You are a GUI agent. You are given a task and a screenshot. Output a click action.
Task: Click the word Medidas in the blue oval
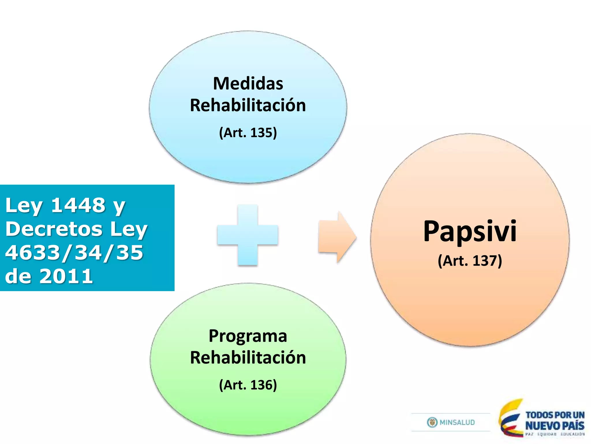point(248,84)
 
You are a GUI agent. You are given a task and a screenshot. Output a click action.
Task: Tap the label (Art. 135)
point(248,133)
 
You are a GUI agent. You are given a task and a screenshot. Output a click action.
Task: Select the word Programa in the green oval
point(248,336)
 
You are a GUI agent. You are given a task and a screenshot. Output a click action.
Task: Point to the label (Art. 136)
point(248,385)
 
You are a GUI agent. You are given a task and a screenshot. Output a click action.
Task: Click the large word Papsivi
point(470,231)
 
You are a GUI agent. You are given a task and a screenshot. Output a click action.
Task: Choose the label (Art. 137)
point(470,261)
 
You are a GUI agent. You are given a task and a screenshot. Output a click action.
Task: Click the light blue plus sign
point(248,235)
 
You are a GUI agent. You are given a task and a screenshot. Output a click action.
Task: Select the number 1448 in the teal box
point(78,205)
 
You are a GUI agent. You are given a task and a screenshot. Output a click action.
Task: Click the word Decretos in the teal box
point(54,229)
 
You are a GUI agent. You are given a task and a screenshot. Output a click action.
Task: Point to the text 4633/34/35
point(74,252)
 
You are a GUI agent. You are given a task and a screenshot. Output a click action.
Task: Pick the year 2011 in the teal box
point(66,276)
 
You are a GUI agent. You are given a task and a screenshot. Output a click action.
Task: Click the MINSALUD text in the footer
point(457,423)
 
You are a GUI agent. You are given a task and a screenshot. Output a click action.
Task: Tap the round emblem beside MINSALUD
point(432,423)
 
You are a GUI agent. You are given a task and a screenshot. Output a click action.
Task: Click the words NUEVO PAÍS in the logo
point(555,426)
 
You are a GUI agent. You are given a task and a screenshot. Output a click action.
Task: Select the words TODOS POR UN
point(555,415)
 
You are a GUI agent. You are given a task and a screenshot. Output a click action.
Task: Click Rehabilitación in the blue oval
point(248,105)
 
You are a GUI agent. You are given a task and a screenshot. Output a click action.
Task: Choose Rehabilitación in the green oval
point(248,358)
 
